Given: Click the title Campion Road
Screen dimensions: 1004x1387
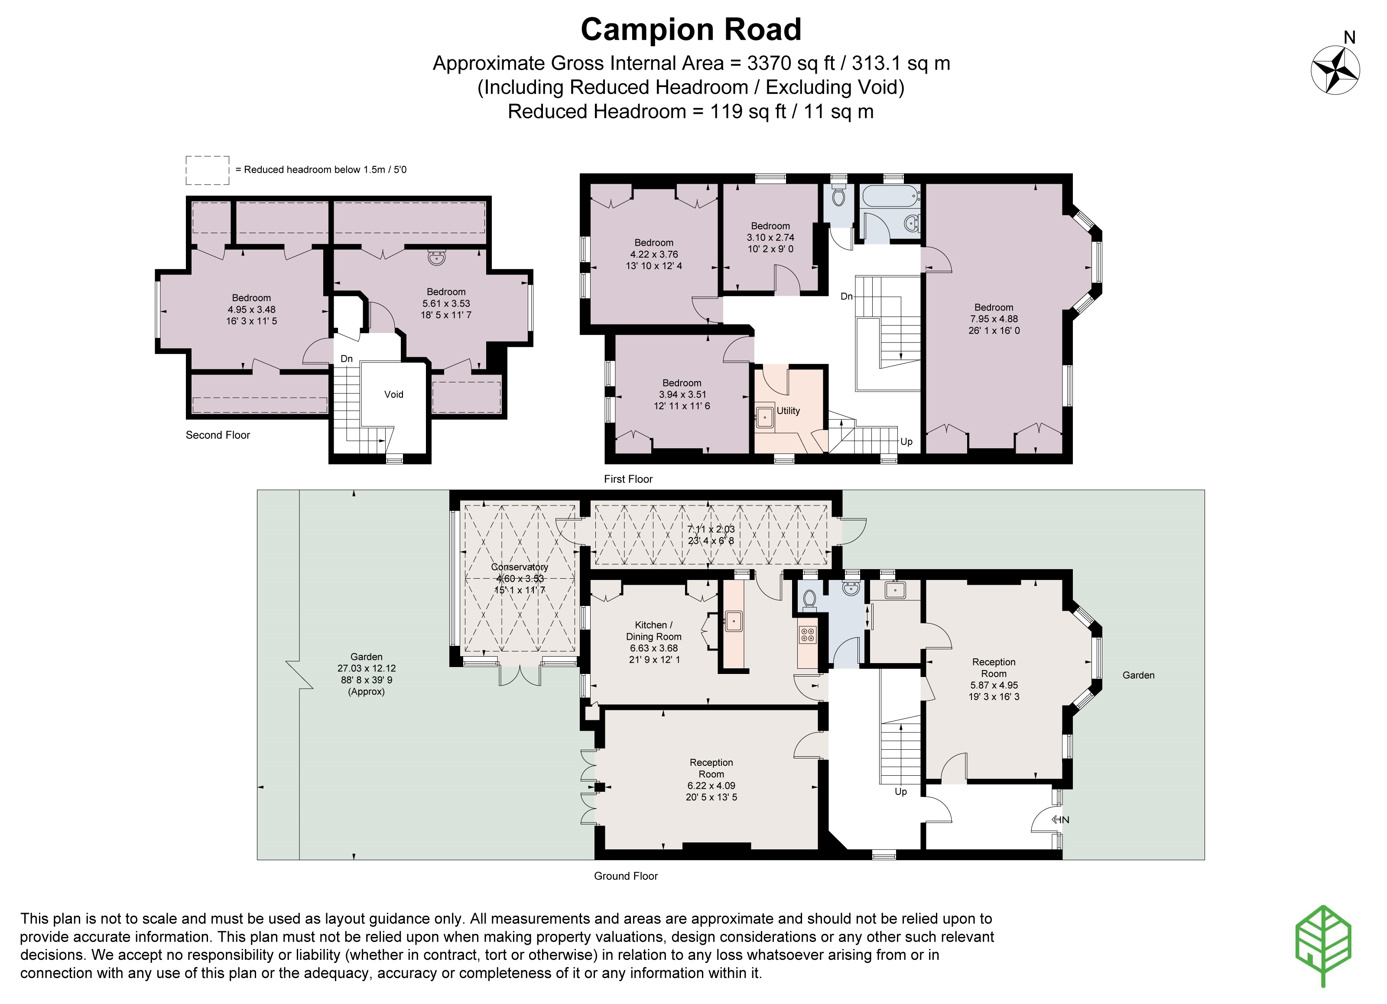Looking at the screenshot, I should (690, 29).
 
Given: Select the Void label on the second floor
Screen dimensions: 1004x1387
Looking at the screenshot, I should (393, 395).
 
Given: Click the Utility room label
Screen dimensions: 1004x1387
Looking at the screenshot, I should (788, 411).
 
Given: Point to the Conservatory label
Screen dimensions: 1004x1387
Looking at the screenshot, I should (519, 567).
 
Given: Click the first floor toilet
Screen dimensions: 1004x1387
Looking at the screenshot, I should (838, 196).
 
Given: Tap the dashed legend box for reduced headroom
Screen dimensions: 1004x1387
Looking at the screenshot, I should (207, 170).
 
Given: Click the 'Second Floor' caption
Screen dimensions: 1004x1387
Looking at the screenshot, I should (218, 435).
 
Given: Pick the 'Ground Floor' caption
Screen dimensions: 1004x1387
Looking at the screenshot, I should (626, 876).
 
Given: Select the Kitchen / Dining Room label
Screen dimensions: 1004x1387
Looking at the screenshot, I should (653, 630).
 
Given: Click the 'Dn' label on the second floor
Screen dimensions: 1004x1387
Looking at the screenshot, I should (346, 359).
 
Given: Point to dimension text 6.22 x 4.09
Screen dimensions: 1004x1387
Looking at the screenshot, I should (711, 786).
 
